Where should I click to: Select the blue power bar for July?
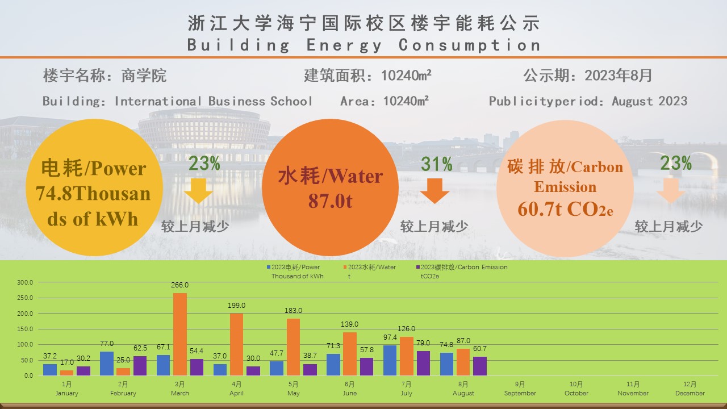390,360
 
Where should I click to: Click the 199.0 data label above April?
236,306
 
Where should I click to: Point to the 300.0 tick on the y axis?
26,282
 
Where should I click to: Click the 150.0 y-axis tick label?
26,329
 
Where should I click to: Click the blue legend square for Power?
269,267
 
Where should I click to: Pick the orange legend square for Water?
345,267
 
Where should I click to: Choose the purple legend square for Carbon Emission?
418,267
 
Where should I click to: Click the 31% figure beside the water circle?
437,164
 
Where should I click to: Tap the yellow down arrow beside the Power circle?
199,191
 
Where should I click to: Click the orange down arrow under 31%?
434,191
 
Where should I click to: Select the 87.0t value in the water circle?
330,201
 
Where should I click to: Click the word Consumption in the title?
469,45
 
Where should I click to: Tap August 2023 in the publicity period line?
649,101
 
